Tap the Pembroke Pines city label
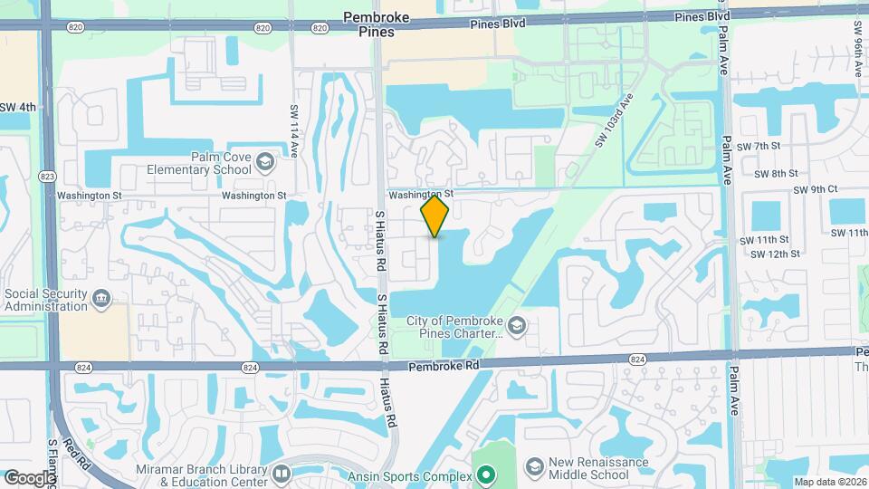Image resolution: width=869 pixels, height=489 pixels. [x=376, y=24]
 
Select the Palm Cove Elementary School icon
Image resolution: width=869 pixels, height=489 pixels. [x=264, y=162]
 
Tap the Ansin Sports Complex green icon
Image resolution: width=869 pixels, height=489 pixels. [x=486, y=475]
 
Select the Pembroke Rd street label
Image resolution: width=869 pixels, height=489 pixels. [x=442, y=364]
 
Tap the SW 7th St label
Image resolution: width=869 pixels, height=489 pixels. [x=759, y=146]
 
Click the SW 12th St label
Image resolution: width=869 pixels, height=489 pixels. [x=769, y=254]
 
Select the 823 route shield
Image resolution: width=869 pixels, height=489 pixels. [x=45, y=176]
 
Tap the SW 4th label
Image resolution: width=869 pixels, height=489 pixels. [x=18, y=107]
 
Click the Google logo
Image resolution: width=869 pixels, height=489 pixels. [x=30, y=477]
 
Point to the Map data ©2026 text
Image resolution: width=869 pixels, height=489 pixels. [x=828, y=482]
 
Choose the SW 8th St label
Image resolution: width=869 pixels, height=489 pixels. [x=769, y=173]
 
